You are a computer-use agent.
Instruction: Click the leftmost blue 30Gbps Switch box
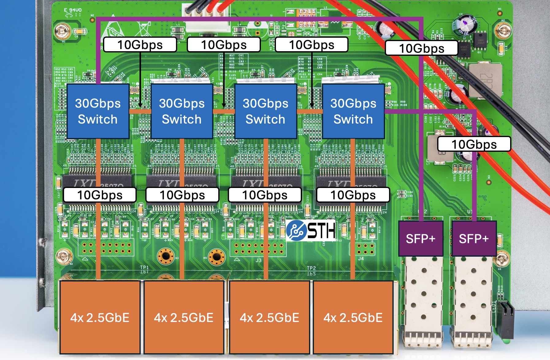pyautogui.click(x=98, y=111)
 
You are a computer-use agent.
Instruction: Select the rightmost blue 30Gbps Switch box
pyautogui.click(x=353, y=111)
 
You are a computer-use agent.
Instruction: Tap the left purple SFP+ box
pyautogui.click(x=421, y=239)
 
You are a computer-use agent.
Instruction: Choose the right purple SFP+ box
pyautogui.click(x=474, y=239)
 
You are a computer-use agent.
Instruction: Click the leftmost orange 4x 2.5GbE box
pyautogui.click(x=100, y=317)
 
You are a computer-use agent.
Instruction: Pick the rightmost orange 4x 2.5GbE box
pyautogui.click(x=353, y=317)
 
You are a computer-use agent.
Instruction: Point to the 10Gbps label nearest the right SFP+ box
pyautogui.click(x=474, y=144)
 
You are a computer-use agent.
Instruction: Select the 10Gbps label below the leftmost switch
pyautogui.click(x=100, y=195)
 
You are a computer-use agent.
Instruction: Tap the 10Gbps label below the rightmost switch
pyautogui.click(x=353, y=195)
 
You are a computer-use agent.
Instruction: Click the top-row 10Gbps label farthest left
pyautogui.click(x=140, y=45)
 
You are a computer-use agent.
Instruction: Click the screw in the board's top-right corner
pyautogui.click(x=503, y=31)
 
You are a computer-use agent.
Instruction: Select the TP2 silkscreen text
pyautogui.click(x=311, y=268)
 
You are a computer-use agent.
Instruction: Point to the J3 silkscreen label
pyautogui.click(x=258, y=260)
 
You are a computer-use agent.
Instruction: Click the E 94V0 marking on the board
pyautogui.click(x=73, y=10)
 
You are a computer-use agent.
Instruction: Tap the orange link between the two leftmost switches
pyautogui.click(x=140, y=111)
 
